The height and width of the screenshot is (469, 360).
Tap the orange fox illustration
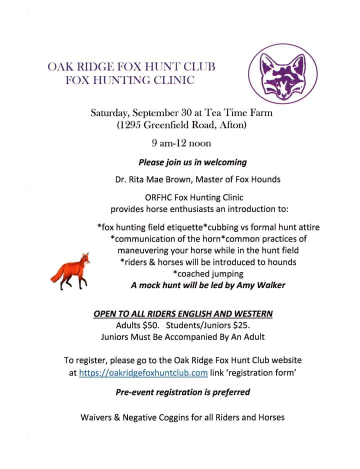[x=71, y=271]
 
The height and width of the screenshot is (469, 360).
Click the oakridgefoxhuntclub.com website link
[x=143, y=372]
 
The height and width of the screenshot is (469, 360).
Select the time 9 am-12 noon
[x=181, y=143]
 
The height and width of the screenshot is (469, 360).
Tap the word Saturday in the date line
[x=109, y=112]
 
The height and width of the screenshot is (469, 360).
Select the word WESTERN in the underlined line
[x=253, y=314]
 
